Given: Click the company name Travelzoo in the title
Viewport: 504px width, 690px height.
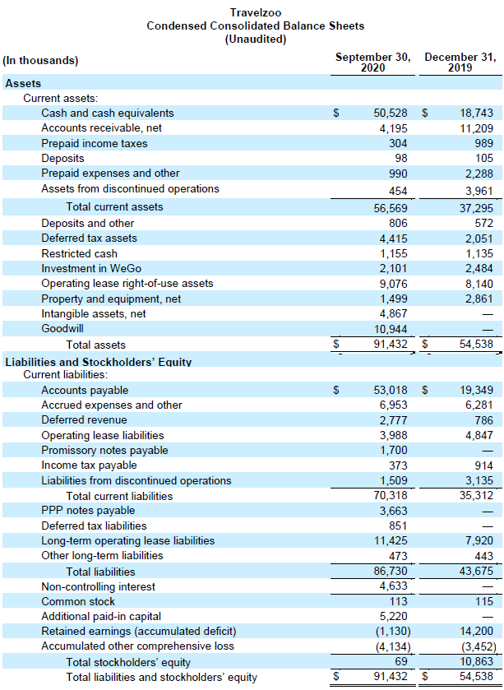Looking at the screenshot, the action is point(255,13).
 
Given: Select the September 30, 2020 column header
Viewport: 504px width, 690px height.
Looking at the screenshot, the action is point(373,63).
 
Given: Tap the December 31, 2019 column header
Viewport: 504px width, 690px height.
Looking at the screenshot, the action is point(460,63).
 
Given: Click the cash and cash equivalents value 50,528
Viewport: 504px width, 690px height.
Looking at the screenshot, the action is point(391,113).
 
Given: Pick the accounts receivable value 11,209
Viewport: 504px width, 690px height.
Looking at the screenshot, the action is point(477,128).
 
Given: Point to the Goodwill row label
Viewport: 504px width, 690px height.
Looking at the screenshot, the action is point(62,329).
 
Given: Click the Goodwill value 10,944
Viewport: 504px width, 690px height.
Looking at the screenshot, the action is point(391,329).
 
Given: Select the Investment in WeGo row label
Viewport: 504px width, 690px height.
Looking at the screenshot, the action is point(91,268).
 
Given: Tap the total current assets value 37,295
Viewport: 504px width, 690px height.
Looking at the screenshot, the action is point(477,208).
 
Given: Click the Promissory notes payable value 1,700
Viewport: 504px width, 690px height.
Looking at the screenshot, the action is point(394,451).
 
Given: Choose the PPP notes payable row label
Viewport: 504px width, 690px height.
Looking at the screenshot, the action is point(88,511).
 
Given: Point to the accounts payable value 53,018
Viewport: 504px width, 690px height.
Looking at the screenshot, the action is point(391,391).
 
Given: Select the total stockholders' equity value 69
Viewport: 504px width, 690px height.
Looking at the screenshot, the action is point(400,661).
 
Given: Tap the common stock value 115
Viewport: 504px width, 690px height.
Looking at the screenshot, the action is point(484,601).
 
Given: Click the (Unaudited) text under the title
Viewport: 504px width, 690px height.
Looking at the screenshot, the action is point(256,39).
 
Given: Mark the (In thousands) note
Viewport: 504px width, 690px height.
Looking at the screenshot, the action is point(40,60).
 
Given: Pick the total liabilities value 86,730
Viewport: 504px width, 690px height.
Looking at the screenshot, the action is point(391,572).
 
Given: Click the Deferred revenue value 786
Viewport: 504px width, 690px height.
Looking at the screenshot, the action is point(484,420).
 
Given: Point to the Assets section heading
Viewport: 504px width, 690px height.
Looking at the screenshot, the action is point(23,83).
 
